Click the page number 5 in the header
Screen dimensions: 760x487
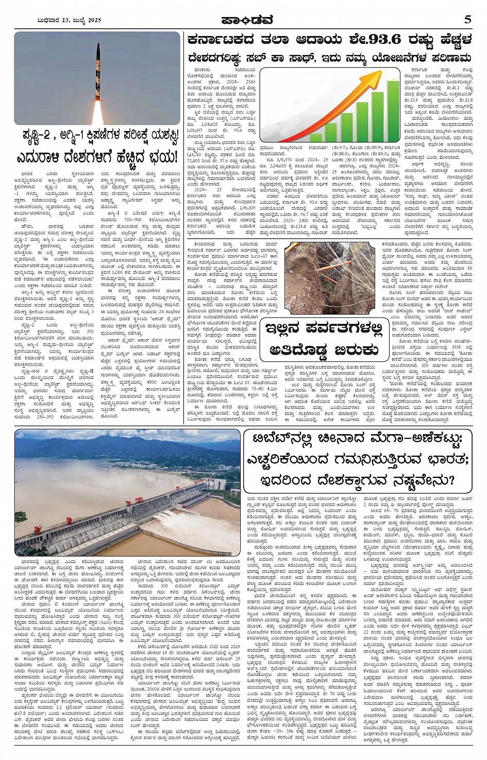point(467,20)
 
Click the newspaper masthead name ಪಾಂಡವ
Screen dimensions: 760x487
point(243,20)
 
